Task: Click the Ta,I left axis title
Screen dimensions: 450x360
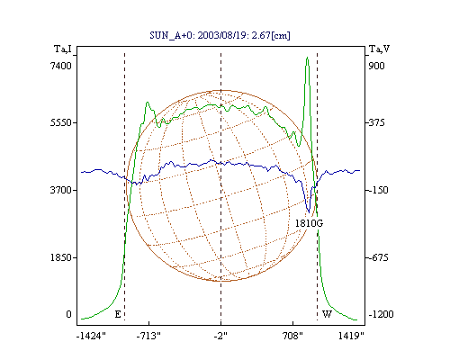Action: click(63, 49)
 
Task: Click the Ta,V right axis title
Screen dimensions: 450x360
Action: click(380, 49)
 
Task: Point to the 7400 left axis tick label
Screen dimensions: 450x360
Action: click(60, 66)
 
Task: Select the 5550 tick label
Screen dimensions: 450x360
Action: click(60, 122)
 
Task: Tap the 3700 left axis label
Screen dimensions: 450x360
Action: click(60, 190)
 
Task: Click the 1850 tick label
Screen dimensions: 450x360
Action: click(60, 257)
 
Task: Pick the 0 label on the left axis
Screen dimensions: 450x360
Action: click(68, 314)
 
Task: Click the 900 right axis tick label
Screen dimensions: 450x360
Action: click(376, 66)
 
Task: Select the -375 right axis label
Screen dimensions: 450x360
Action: click(376, 122)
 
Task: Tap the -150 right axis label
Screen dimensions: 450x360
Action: click(378, 190)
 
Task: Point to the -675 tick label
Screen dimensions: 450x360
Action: click(378, 257)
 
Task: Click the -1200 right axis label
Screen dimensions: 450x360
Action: click(381, 314)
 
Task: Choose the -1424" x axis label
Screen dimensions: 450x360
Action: click(91, 336)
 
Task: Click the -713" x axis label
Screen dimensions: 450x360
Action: click(148, 336)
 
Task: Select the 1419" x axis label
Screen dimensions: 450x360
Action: click(351, 336)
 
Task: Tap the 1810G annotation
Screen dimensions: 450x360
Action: click(309, 223)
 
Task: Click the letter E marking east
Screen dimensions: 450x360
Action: click(118, 314)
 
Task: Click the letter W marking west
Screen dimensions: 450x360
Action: click(327, 314)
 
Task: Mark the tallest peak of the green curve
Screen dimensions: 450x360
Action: click(307, 57)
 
